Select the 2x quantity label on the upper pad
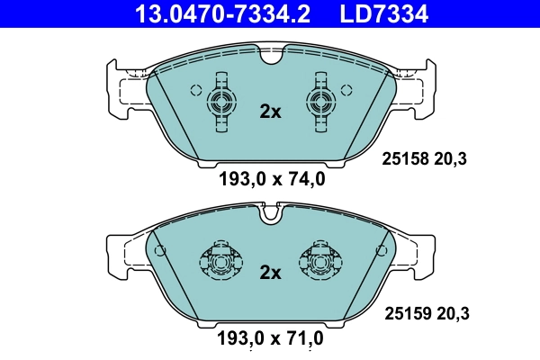point(270,112)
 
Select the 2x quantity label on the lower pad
point(270,272)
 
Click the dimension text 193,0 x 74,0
point(271,179)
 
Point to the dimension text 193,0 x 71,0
point(271,339)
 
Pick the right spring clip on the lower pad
point(320,262)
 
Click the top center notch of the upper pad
point(271,57)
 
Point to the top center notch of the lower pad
point(271,214)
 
